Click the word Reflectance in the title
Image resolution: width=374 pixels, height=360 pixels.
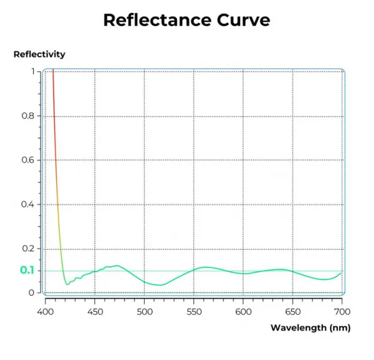(x=158, y=20)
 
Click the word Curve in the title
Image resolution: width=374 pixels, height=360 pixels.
(x=244, y=20)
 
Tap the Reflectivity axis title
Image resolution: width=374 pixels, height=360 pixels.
(x=39, y=54)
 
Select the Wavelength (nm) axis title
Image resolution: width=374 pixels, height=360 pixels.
(x=310, y=328)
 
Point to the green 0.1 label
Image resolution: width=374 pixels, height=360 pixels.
(x=27, y=270)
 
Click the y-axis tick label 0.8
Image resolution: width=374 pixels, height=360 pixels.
(x=28, y=116)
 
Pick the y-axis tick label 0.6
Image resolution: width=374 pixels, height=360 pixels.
(x=28, y=160)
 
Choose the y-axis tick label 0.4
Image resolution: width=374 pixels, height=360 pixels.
(x=27, y=205)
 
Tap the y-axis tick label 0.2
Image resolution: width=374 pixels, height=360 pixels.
(x=28, y=248)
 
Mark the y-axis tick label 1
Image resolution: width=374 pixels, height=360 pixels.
(x=33, y=71)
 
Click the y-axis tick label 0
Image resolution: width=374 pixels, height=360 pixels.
(x=32, y=293)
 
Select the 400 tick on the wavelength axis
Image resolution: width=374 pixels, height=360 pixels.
(x=46, y=312)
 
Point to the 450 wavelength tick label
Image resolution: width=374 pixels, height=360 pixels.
(x=95, y=312)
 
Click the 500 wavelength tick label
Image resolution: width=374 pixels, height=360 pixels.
(x=145, y=312)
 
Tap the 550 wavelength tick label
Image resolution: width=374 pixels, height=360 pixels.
(x=194, y=312)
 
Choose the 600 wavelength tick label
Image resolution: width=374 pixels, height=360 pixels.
(x=243, y=312)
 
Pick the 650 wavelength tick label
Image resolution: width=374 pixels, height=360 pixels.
(x=293, y=312)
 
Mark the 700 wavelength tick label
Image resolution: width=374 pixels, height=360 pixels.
(x=342, y=312)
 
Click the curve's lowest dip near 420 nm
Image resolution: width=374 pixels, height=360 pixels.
(x=67, y=284)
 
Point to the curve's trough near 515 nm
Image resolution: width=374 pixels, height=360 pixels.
(x=161, y=285)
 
